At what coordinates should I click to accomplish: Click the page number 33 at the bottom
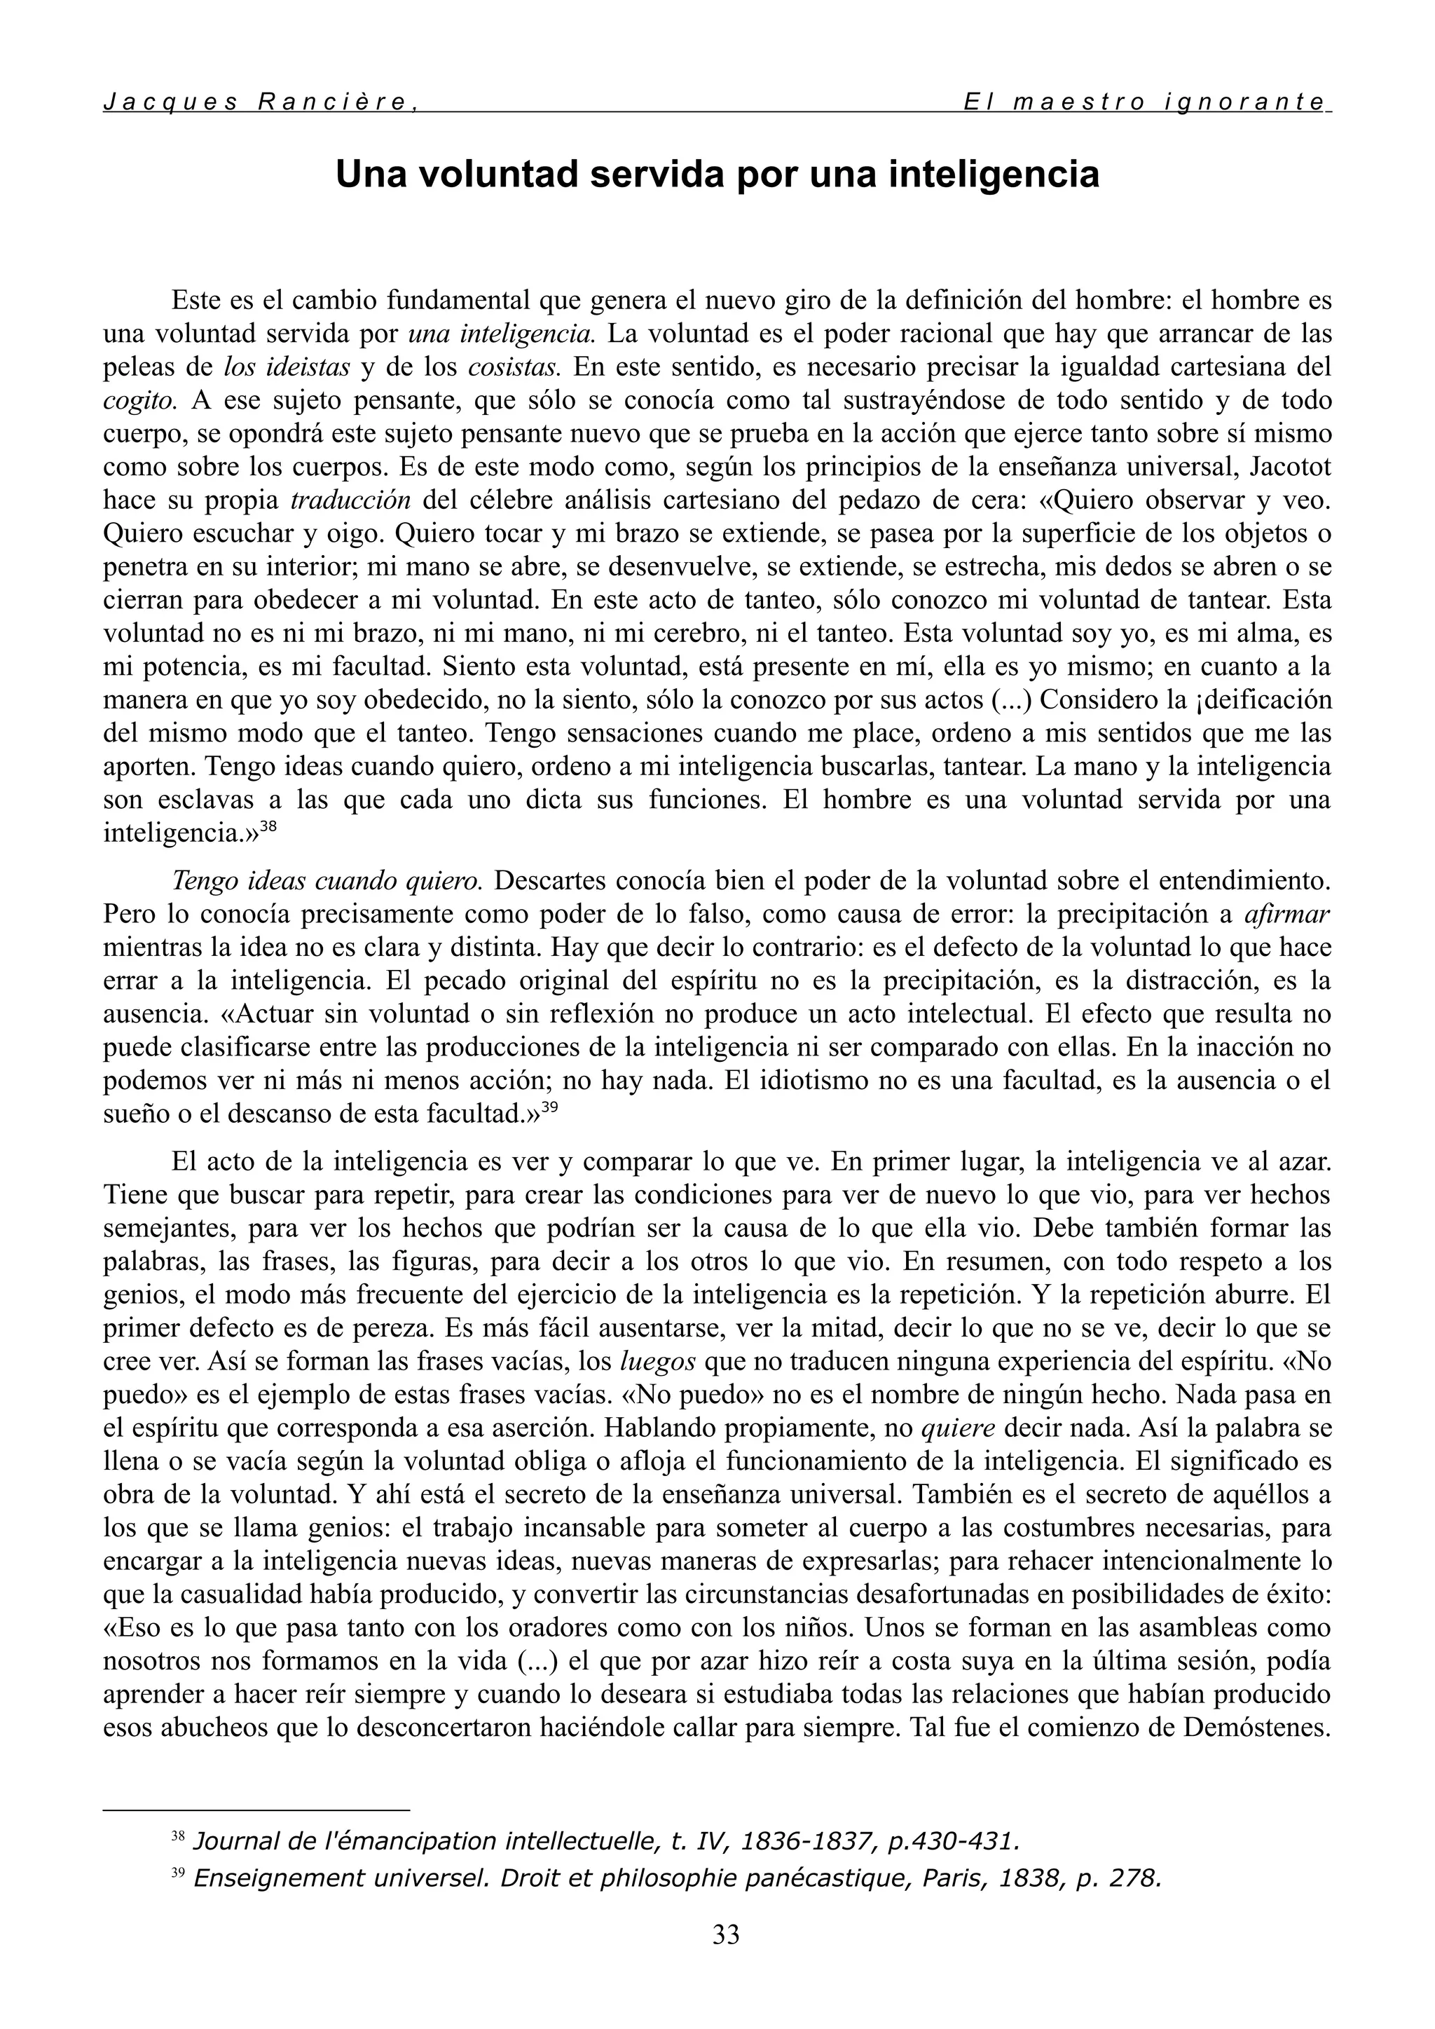(725, 1934)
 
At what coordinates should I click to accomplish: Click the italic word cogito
(142, 400)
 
